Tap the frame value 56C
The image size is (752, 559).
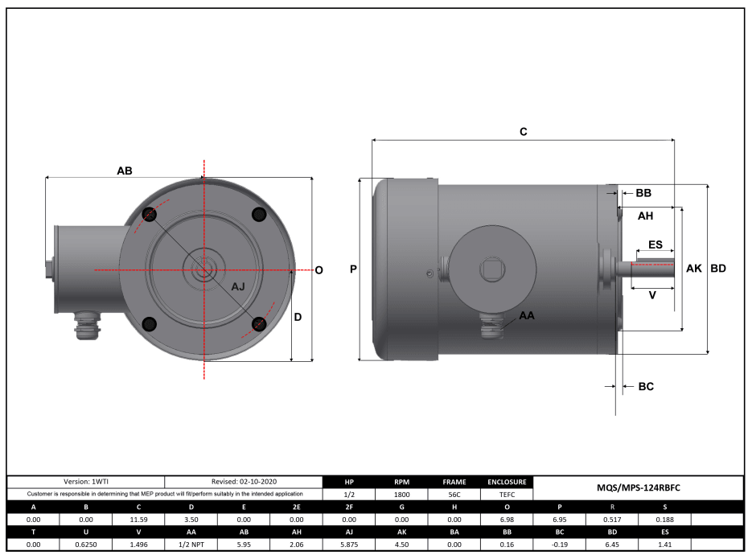(454, 495)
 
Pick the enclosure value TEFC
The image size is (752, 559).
(507, 495)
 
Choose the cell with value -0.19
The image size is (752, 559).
(560, 545)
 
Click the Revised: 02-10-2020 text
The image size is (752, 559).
(245, 482)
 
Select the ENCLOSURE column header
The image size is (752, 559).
(507, 483)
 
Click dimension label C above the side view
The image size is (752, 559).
(523, 131)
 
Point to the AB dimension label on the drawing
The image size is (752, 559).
(125, 171)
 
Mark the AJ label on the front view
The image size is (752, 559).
(239, 287)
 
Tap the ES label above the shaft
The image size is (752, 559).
(655, 244)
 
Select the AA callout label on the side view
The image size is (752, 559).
(527, 315)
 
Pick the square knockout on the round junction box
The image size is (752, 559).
(491, 269)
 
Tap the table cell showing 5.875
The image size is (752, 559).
(350, 545)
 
